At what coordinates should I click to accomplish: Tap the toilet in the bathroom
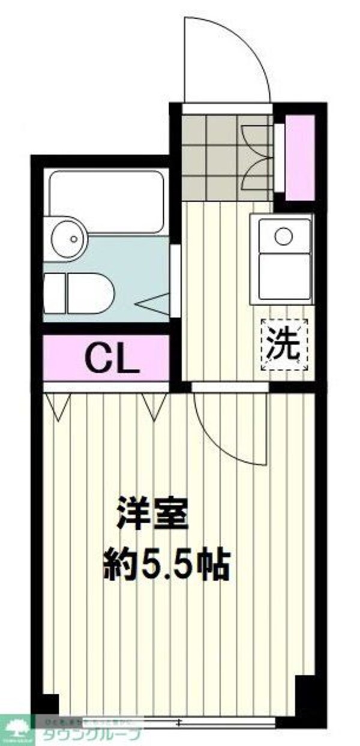click(81, 292)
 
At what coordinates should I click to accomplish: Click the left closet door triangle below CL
click(57, 406)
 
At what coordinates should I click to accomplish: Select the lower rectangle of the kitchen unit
click(284, 275)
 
